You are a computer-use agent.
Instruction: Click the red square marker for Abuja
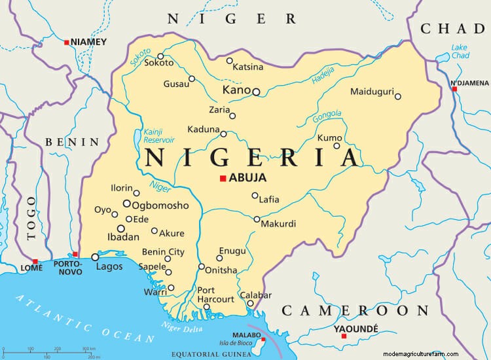pos(223,178)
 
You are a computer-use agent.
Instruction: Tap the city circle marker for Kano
pos(256,92)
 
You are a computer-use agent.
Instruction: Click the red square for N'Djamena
pos(454,88)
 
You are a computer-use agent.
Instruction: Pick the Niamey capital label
pos(88,42)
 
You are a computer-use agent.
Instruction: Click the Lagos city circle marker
pos(95,257)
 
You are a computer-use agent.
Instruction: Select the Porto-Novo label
pos(67,267)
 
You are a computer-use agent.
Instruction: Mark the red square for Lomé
pos(35,261)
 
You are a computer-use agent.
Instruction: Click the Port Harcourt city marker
pos(207,306)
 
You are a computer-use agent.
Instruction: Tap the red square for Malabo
pos(263,339)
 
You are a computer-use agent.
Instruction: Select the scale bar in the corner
pos(59,351)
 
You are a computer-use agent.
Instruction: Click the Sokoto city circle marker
pos(160,56)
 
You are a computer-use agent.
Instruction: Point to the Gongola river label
pos(327,117)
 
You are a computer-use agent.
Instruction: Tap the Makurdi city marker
pos(257,219)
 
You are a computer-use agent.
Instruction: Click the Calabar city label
pos(255,295)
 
